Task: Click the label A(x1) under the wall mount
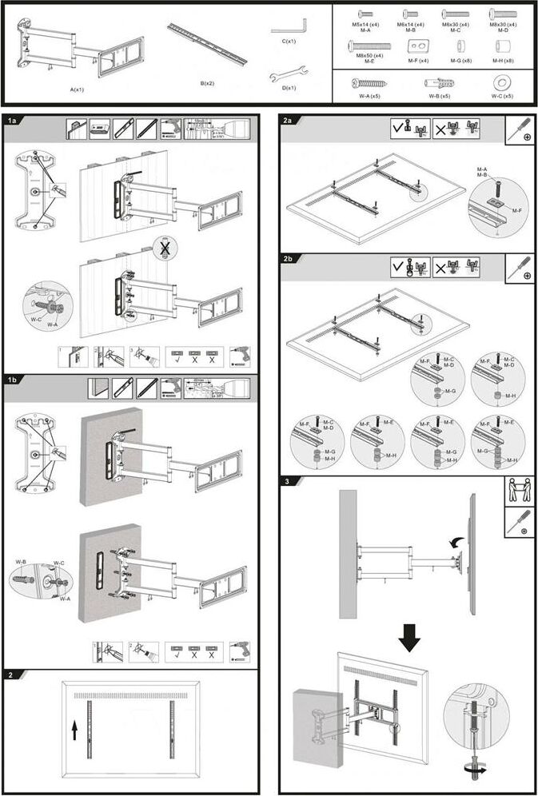[78, 90]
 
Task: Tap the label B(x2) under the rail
[206, 83]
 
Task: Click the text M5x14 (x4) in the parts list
[366, 25]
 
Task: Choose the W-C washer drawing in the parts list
[503, 82]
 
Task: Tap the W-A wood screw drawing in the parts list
[368, 82]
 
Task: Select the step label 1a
[13, 121]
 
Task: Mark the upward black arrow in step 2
[74, 729]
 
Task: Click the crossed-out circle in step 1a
[165, 249]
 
